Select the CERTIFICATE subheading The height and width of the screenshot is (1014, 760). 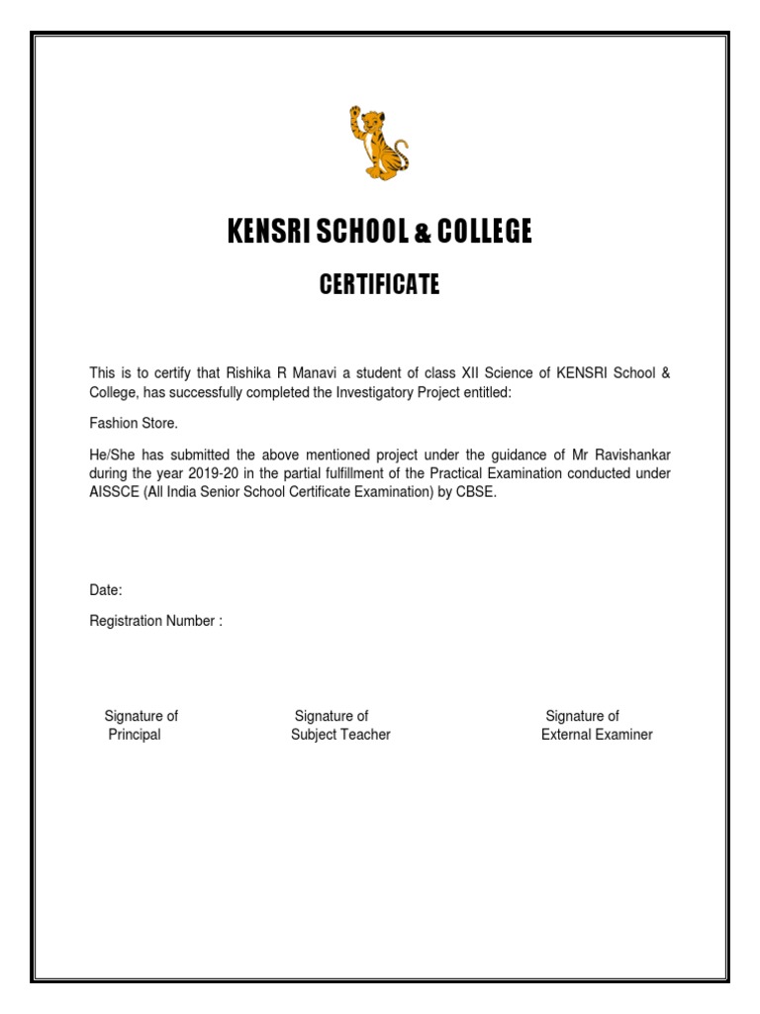click(x=379, y=286)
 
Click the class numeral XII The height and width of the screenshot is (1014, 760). click(x=481, y=373)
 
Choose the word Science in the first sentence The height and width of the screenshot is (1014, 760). click(x=522, y=373)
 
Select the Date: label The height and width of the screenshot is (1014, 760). click(x=106, y=590)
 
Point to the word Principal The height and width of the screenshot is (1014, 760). click(x=135, y=735)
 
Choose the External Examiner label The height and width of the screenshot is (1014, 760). click(x=597, y=735)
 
